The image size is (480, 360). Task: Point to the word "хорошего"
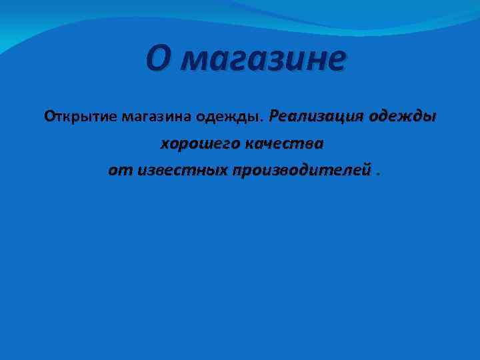coord(197,143)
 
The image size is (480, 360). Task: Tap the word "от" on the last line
coord(116,171)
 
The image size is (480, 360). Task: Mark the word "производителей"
coord(301,171)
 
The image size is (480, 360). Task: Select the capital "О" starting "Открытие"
coord(49,117)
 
